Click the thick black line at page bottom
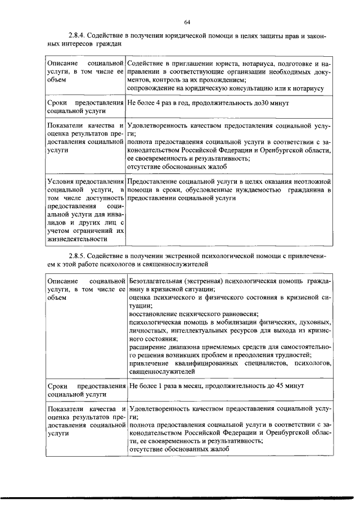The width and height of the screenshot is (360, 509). [x=180, y=498]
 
